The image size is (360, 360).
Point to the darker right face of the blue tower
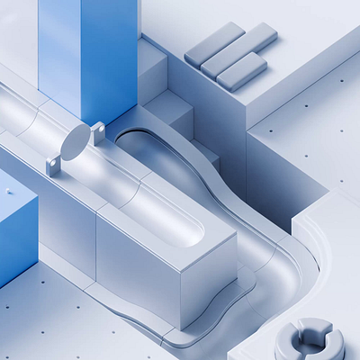(110, 54)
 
